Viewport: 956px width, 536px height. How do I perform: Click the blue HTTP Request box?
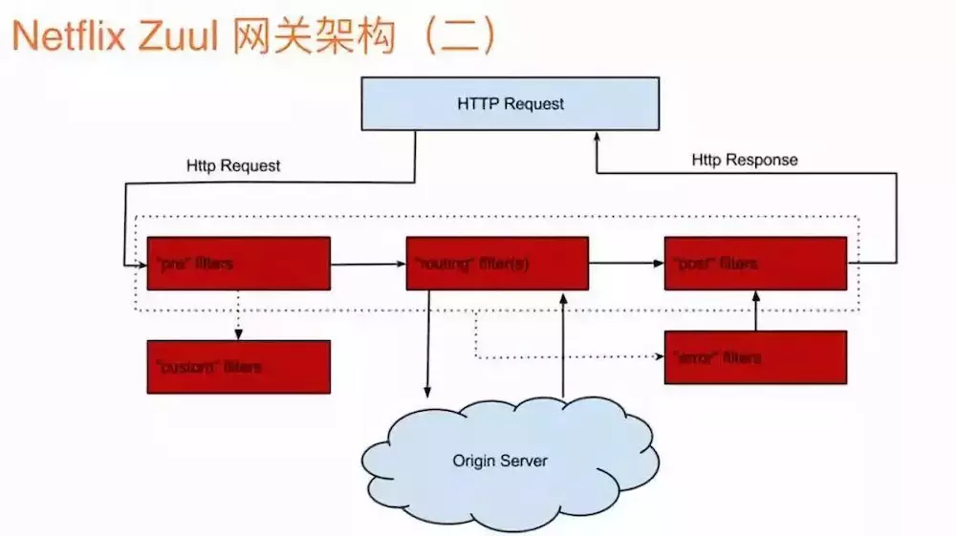coord(510,104)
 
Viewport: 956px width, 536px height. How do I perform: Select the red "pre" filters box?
coord(238,263)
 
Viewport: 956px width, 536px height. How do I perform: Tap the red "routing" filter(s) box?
coord(497,263)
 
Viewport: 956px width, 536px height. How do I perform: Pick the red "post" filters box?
coord(755,263)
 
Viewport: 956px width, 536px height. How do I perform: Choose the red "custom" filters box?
coord(238,367)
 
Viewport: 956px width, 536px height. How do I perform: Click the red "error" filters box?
coord(755,357)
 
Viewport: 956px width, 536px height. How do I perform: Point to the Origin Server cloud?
coord(500,461)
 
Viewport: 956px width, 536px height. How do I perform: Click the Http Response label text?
coord(744,160)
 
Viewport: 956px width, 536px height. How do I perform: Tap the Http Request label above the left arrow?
coord(233,165)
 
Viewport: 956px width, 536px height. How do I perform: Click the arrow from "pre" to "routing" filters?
coord(368,263)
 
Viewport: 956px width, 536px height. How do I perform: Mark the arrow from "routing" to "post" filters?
coord(626,263)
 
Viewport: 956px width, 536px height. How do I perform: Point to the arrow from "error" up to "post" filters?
coord(755,311)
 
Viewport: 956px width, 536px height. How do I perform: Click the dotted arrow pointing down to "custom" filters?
coord(238,315)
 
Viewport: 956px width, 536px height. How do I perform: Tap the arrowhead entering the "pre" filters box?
coord(141,264)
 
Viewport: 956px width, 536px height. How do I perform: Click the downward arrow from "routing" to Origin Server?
coord(427,344)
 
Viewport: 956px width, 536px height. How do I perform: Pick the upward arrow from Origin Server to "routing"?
coord(563,344)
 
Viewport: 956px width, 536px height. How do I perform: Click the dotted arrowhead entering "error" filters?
coord(659,357)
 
